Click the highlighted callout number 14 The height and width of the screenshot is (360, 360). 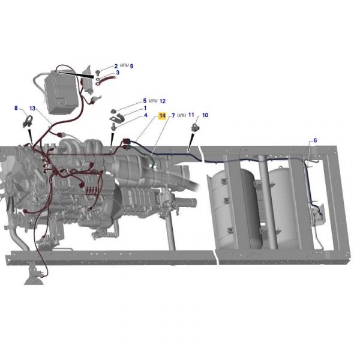point(163,115)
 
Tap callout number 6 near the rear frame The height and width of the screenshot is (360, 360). point(315,140)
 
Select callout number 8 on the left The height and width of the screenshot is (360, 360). point(16,108)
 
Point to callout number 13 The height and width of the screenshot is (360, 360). point(32,108)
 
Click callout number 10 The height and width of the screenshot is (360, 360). point(205,115)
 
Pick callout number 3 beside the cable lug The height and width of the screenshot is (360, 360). point(118,73)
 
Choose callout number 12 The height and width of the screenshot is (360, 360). point(163,101)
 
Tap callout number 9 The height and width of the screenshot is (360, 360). point(131,66)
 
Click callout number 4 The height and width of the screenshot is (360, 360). point(146,115)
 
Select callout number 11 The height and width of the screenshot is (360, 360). point(191,115)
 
